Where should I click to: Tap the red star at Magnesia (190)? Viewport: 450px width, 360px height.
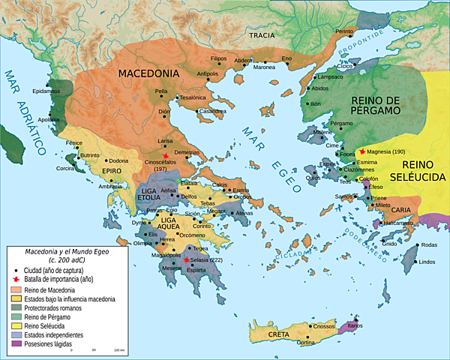click(x=362, y=151)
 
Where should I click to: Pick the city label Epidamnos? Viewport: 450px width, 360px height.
click(x=46, y=91)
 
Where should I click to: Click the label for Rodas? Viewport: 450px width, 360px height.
click(x=429, y=245)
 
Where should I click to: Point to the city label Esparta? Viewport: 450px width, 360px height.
click(x=198, y=269)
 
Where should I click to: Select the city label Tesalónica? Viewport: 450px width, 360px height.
click(x=193, y=97)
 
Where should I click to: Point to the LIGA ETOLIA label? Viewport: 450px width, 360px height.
click(x=155, y=198)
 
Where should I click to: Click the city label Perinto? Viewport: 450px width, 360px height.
click(x=344, y=31)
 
